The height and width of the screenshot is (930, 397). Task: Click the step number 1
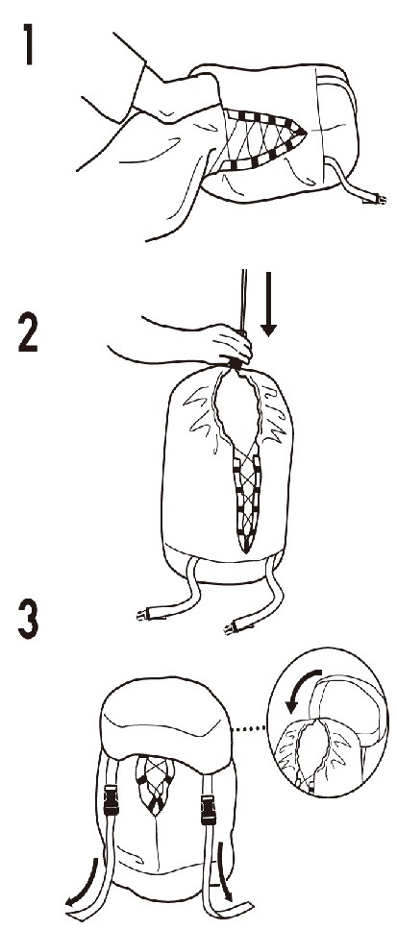tap(26, 43)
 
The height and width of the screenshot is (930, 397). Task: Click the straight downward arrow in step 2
tap(269, 304)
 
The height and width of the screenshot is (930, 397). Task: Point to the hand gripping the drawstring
tap(229, 345)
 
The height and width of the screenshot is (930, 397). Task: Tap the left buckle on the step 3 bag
tap(111, 800)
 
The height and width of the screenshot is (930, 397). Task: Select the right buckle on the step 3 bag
tap(209, 810)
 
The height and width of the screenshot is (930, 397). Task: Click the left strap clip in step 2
tap(143, 616)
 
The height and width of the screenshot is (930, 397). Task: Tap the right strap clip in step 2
tap(232, 628)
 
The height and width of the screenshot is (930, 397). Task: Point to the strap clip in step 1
tap(375, 200)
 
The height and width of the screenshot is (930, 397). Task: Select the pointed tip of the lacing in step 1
tap(305, 130)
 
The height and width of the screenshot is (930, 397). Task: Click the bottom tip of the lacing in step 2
tap(246, 551)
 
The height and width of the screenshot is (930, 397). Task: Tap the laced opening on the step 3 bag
tap(155, 783)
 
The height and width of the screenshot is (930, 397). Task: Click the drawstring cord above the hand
tap(242, 300)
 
